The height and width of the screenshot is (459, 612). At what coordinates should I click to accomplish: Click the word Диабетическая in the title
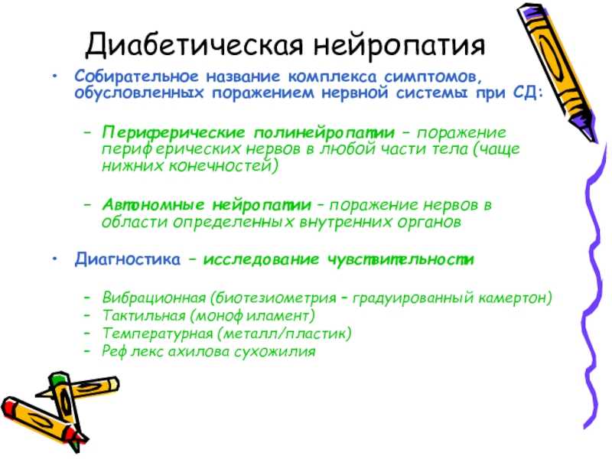[x=194, y=44]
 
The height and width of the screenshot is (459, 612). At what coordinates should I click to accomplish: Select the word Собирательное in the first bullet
[x=137, y=76]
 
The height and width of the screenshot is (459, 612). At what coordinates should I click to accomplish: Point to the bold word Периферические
[x=174, y=132]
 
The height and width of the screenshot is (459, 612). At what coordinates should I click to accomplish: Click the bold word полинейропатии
[x=324, y=132]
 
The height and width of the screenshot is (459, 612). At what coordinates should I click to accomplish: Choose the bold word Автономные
[x=153, y=204]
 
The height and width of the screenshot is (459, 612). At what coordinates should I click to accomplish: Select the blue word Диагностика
[x=128, y=259]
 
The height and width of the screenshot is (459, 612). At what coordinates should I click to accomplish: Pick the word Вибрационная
[x=155, y=298]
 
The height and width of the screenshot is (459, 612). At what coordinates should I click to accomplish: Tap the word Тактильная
[x=144, y=315]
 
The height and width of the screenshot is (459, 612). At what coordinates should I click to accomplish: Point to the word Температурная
[x=157, y=334]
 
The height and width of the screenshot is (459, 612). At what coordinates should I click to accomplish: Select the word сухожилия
[x=275, y=351]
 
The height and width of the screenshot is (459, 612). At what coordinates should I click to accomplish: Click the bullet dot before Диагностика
[x=56, y=259]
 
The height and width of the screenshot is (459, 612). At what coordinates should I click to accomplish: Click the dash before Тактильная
[x=87, y=315]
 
